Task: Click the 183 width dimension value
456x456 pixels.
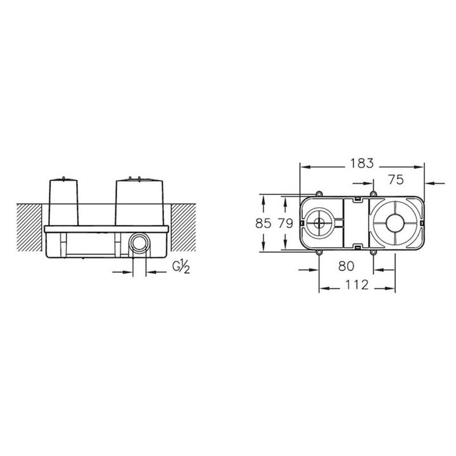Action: tap(362, 163)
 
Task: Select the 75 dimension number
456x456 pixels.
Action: tap(396, 179)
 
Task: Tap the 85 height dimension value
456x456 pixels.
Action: tap(263, 224)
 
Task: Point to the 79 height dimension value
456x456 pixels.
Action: tap(285, 224)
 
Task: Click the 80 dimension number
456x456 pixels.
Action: tap(346, 266)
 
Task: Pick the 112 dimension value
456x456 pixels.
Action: tap(357, 285)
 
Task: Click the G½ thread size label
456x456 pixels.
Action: tap(181, 267)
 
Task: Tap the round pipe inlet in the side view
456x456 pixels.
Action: tap(139, 242)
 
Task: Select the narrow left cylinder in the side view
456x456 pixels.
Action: tap(63, 202)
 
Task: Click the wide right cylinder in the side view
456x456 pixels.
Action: tap(139, 202)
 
